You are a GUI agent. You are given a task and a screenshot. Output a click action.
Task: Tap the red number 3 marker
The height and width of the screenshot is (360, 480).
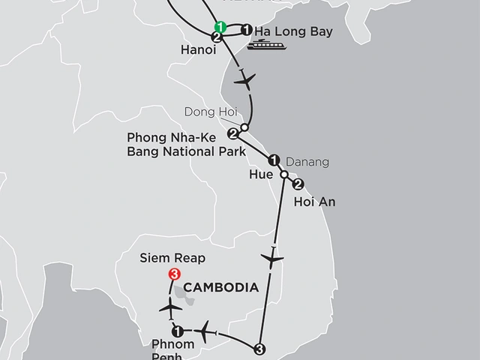coord(175,274)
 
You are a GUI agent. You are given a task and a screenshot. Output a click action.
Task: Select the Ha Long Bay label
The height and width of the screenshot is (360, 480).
coord(293,32)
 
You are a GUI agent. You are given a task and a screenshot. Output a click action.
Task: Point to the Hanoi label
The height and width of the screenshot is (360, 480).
coord(199,51)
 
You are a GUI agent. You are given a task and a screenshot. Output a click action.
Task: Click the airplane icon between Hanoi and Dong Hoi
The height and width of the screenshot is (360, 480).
coord(244,78)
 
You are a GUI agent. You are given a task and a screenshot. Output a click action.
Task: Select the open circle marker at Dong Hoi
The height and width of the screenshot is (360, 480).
coord(244,127)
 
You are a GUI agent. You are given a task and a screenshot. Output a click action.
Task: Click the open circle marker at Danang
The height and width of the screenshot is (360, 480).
coord(284,175)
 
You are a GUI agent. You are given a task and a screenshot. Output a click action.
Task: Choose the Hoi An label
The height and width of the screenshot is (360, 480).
coord(316,202)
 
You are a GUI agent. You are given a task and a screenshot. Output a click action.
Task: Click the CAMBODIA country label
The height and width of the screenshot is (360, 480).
coord(220,287)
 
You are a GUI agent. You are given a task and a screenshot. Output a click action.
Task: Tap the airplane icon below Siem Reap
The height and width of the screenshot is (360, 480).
coord(172,307)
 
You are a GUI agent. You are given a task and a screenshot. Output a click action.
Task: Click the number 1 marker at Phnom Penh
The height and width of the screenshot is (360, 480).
coord(177,331)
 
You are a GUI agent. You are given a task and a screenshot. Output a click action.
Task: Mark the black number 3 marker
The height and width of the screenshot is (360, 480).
coord(259,348)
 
